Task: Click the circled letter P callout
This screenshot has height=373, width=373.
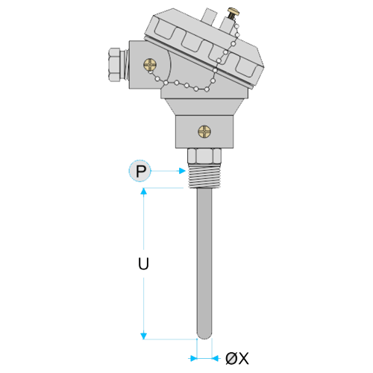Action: (140, 171)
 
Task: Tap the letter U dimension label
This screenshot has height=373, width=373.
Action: (143, 263)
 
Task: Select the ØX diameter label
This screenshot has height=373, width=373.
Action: (237, 358)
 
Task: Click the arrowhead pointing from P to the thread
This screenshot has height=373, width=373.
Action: (182, 171)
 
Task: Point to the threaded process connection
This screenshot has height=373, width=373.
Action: (204, 176)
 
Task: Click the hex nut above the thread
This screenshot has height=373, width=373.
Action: (204, 156)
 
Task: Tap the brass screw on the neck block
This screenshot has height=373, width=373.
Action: (204, 131)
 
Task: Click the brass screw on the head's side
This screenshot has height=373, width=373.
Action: (150, 65)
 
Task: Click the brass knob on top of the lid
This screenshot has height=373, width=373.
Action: (233, 12)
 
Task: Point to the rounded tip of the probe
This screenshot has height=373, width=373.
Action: (204, 335)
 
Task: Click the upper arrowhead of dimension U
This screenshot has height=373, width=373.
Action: (143, 192)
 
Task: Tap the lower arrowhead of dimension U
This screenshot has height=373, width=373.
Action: (143, 336)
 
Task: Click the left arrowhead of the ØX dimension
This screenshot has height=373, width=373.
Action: (193, 358)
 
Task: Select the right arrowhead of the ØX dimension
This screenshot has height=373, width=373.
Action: (216, 358)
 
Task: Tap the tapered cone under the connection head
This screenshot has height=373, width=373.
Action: (204, 107)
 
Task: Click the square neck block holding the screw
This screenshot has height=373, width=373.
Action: (204, 132)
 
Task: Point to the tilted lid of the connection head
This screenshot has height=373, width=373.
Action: (204, 46)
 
